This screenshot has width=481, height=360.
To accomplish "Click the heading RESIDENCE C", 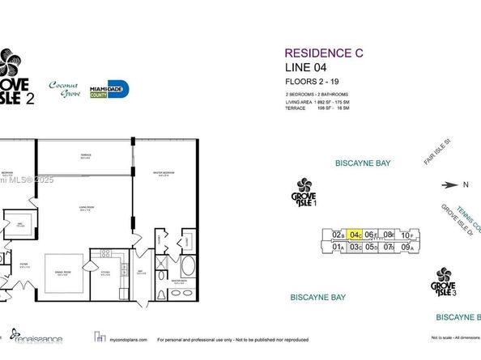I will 324,53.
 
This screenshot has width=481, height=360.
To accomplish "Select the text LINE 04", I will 304,68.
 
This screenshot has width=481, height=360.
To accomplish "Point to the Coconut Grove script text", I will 67,87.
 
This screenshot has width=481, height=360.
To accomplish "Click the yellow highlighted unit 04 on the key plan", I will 355,235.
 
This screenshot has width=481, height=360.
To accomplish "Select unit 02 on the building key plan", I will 338,235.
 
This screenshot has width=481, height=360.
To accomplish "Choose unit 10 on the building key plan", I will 407,235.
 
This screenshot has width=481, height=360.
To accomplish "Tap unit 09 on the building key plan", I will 407,247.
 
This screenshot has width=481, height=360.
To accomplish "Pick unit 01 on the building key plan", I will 338,247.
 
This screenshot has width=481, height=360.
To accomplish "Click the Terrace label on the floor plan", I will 85,155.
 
